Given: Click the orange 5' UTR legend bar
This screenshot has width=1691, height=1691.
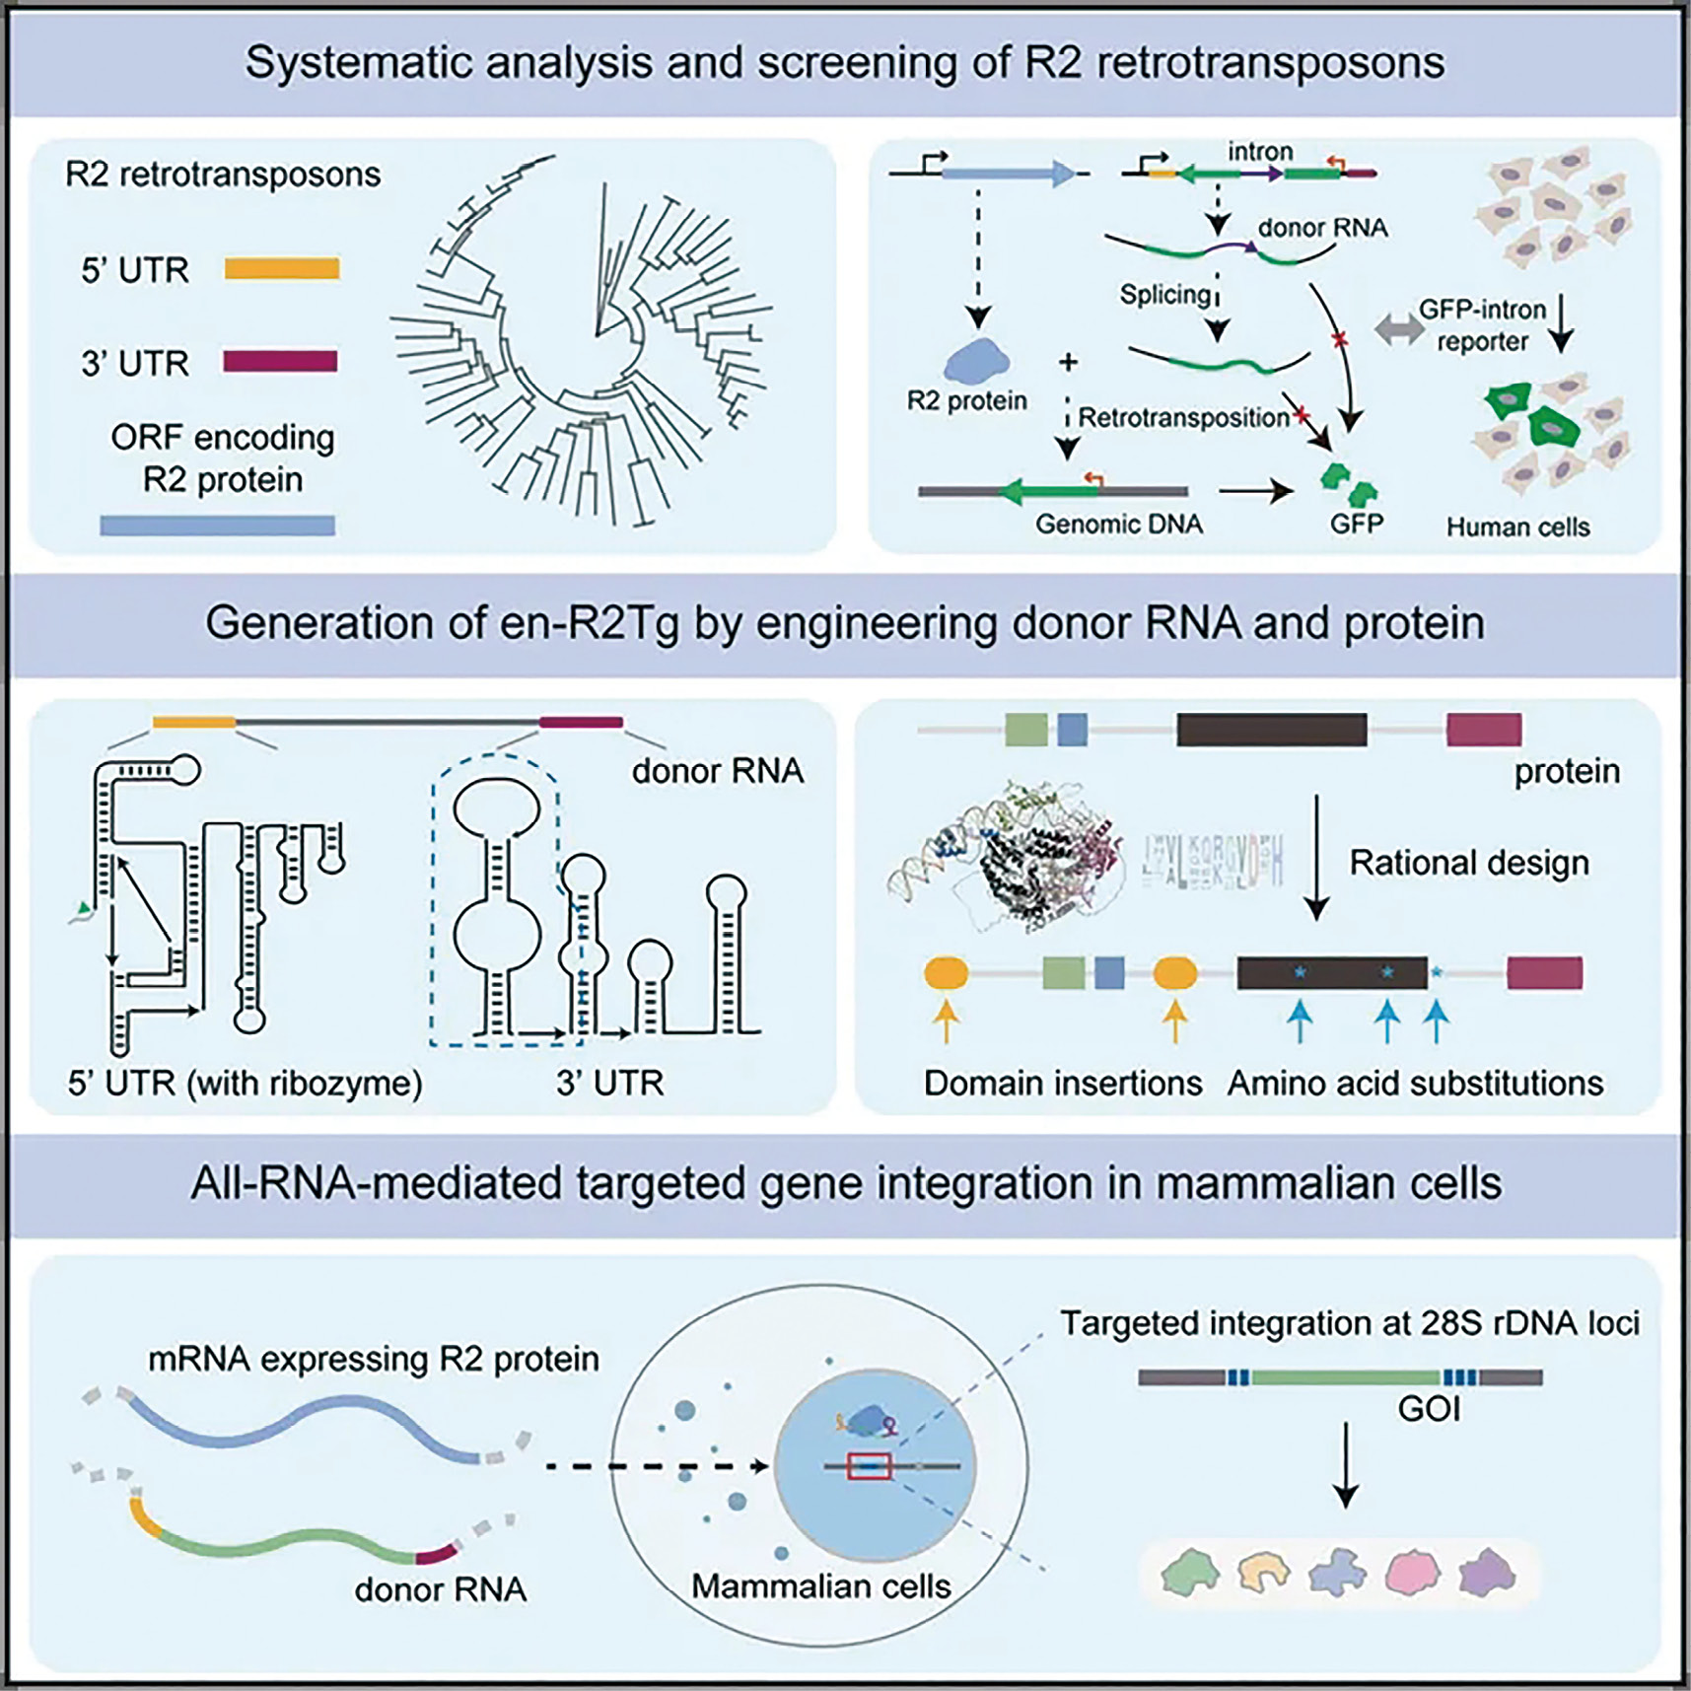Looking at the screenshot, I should click(x=282, y=268).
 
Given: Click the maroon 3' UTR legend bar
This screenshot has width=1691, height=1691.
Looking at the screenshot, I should click(x=280, y=362).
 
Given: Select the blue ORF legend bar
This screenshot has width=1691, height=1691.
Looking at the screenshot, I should click(x=217, y=526).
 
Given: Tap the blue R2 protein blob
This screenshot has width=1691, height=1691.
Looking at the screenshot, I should click(x=976, y=361).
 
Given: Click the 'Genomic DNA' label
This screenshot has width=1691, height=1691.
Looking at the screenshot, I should click(x=1118, y=524).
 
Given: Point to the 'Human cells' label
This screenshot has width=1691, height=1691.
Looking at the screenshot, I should click(x=1517, y=528).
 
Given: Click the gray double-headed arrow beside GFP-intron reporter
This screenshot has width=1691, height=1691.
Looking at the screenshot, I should click(x=1397, y=330).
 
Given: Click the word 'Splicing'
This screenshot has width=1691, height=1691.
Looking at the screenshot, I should click(x=1164, y=294).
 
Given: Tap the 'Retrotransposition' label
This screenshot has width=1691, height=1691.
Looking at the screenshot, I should click(x=1183, y=417).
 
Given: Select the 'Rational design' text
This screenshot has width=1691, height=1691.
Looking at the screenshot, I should click(x=1469, y=863).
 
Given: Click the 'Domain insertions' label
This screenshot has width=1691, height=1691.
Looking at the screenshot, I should click(x=1062, y=1083).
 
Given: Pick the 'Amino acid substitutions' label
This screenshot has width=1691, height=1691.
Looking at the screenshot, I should click(x=1415, y=1083).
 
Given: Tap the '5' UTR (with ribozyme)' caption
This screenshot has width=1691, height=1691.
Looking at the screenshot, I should click(x=245, y=1083).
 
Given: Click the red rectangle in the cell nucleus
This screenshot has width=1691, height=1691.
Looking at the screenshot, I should click(x=869, y=1466).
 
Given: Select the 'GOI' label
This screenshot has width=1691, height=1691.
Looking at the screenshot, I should click(x=1429, y=1409).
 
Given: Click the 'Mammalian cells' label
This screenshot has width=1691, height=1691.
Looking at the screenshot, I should click(x=820, y=1585).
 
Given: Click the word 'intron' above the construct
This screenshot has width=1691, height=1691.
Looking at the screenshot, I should click(x=1259, y=152).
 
